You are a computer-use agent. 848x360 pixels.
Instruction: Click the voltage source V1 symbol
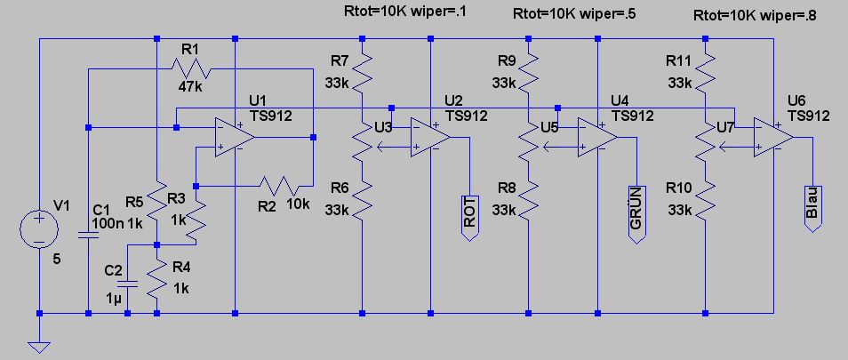tap(40, 228)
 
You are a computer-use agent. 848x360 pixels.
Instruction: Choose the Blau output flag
tap(811, 207)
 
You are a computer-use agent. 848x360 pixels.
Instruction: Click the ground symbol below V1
tap(40, 346)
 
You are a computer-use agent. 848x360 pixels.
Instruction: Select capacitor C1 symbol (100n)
tap(89, 235)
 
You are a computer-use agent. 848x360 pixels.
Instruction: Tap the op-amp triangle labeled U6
tap(772, 138)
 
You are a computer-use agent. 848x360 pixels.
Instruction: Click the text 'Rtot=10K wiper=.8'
tap(753, 15)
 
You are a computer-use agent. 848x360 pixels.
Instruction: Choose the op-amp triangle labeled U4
tap(598, 138)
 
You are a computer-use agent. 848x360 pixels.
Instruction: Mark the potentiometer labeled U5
tap(529, 143)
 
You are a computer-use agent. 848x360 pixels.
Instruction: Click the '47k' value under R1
tap(191, 87)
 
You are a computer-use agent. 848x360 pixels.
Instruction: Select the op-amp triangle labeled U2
tap(431, 138)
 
